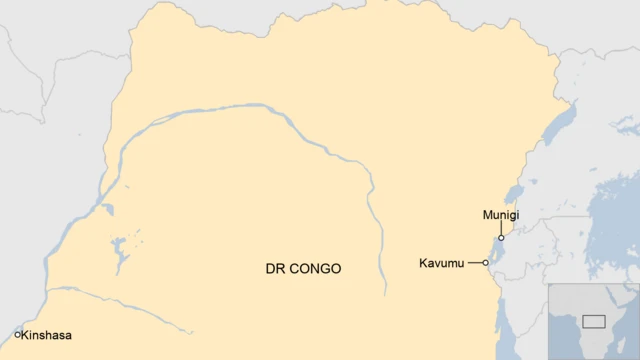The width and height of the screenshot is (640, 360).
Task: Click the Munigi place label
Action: [x=500, y=215]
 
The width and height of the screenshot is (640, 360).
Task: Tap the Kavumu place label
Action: [x=441, y=263]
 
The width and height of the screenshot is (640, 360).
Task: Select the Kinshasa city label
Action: [x=48, y=336]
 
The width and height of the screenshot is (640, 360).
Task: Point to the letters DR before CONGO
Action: [x=274, y=269]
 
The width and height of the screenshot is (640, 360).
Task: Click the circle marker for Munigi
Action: [x=500, y=238]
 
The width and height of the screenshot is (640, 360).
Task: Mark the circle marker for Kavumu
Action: [x=486, y=263]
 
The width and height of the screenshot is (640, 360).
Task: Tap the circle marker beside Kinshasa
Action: [x=17, y=335]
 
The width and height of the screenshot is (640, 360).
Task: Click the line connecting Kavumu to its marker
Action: [x=474, y=263]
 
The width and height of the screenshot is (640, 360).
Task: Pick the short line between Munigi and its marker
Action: [x=500, y=229]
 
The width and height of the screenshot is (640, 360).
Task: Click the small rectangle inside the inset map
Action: [x=594, y=321]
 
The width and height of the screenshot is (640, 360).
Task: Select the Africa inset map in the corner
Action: [x=593, y=321]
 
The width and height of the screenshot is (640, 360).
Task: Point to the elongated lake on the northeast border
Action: [x=561, y=125]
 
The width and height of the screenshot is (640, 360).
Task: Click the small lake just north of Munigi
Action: [x=514, y=191]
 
